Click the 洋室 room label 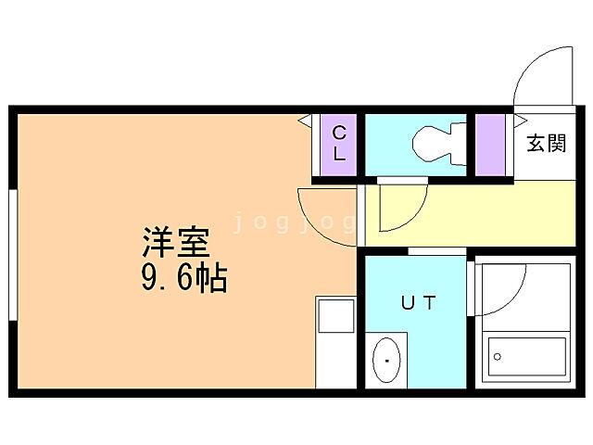tap(176, 243)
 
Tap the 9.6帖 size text tap(184, 278)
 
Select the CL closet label tap(339, 143)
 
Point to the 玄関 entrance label tap(546, 144)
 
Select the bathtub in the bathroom tap(525, 356)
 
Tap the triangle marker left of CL tap(303, 121)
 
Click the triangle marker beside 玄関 tap(521, 119)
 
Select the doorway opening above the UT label tap(437, 251)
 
